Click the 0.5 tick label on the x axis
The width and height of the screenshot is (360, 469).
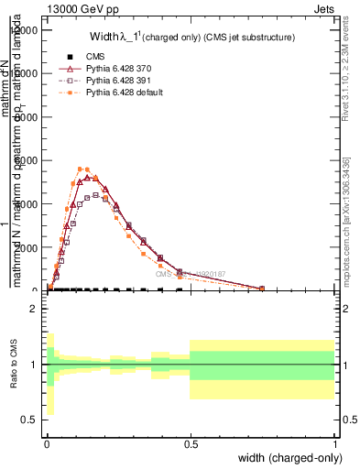coord(191,442)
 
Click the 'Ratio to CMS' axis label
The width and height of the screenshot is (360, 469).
coord(16,364)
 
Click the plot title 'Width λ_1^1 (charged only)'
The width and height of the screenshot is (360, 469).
coord(193,38)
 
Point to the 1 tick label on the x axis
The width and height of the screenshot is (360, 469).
coord(335,442)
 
